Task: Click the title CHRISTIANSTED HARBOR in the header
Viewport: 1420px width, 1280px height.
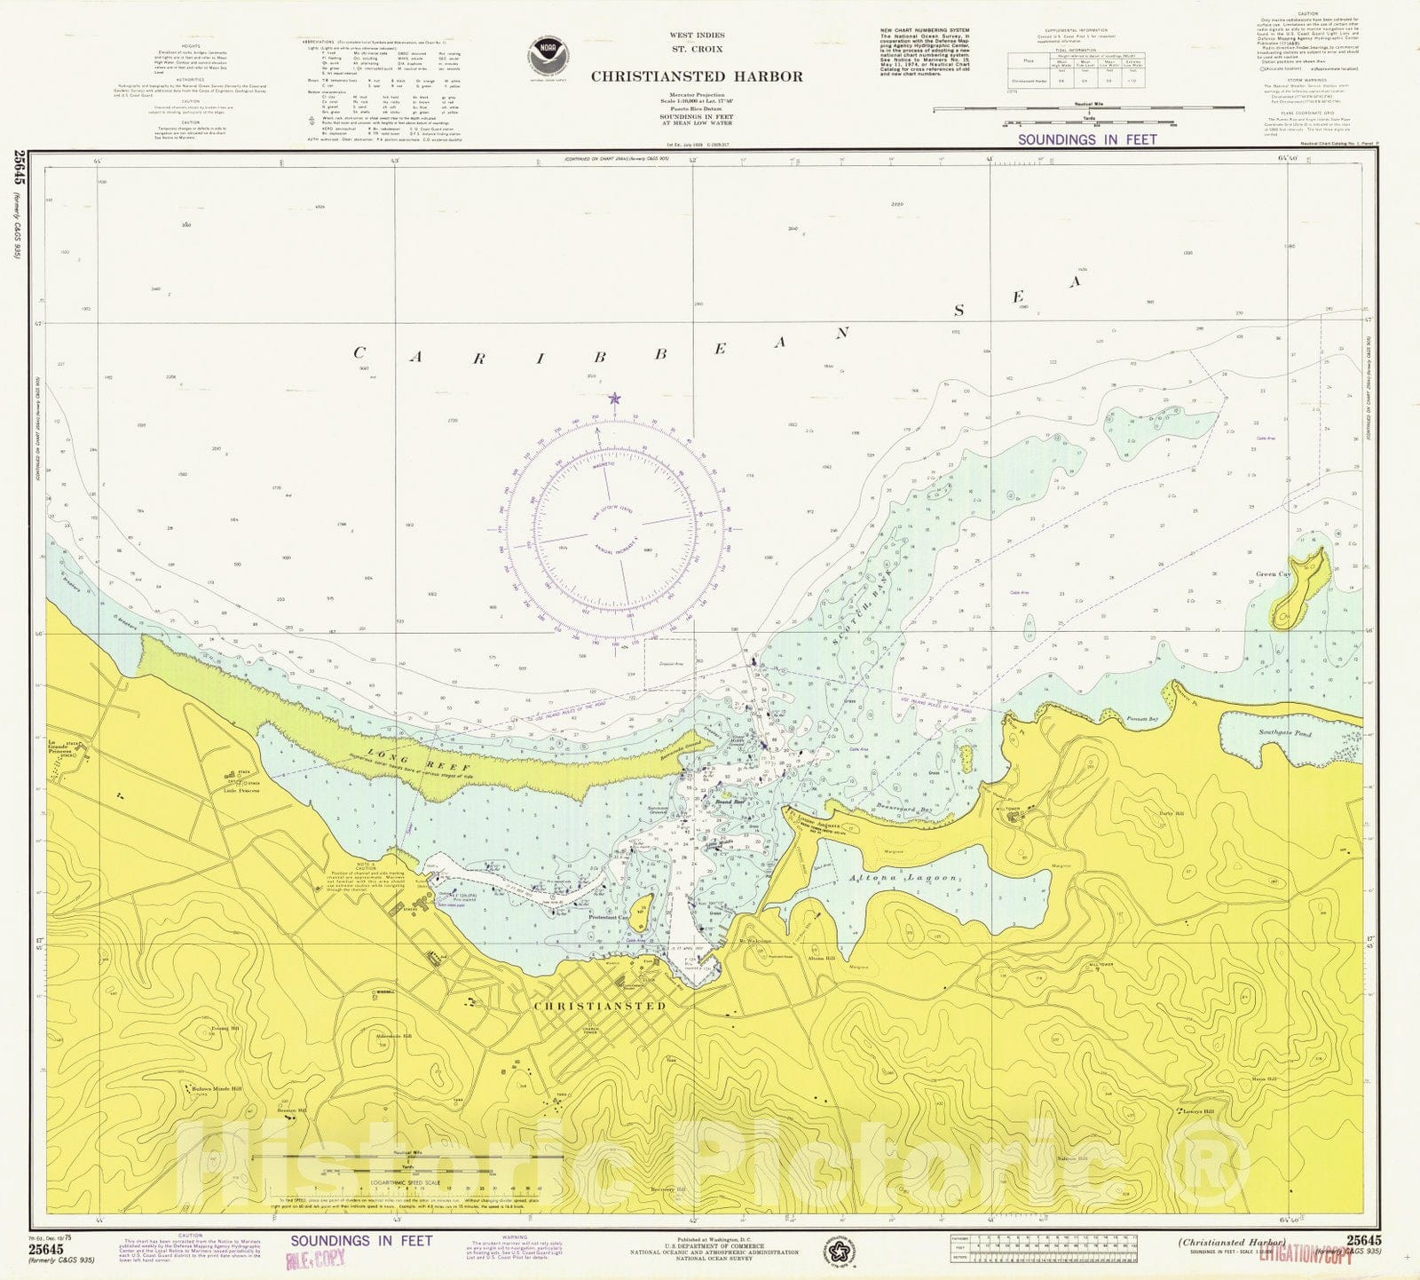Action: pyautogui.click(x=697, y=76)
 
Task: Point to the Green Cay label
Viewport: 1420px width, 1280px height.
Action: pyautogui.click(x=1273, y=574)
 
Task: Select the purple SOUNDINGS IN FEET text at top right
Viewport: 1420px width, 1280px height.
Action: pyautogui.click(x=1087, y=139)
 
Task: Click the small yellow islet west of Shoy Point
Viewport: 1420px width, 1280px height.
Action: pyautogui.click(x=965, y=757)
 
